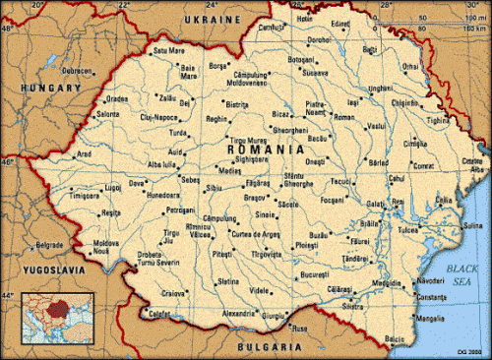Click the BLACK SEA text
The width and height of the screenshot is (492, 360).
455,273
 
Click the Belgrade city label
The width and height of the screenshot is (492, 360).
48,244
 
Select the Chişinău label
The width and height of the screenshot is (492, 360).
405,101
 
